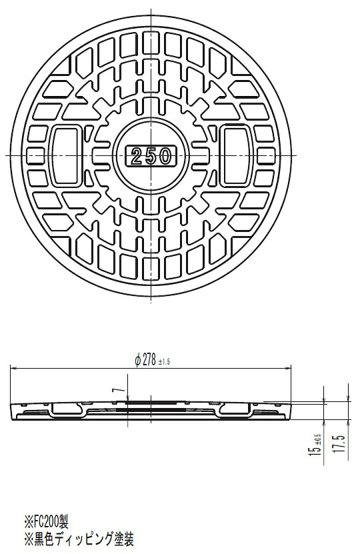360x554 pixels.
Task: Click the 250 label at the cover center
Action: tap(151, 156)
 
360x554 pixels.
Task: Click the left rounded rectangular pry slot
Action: tap(65, 156)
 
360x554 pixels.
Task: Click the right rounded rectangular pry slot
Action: tap(237, 156)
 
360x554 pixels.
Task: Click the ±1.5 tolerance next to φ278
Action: tap(164, 362)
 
